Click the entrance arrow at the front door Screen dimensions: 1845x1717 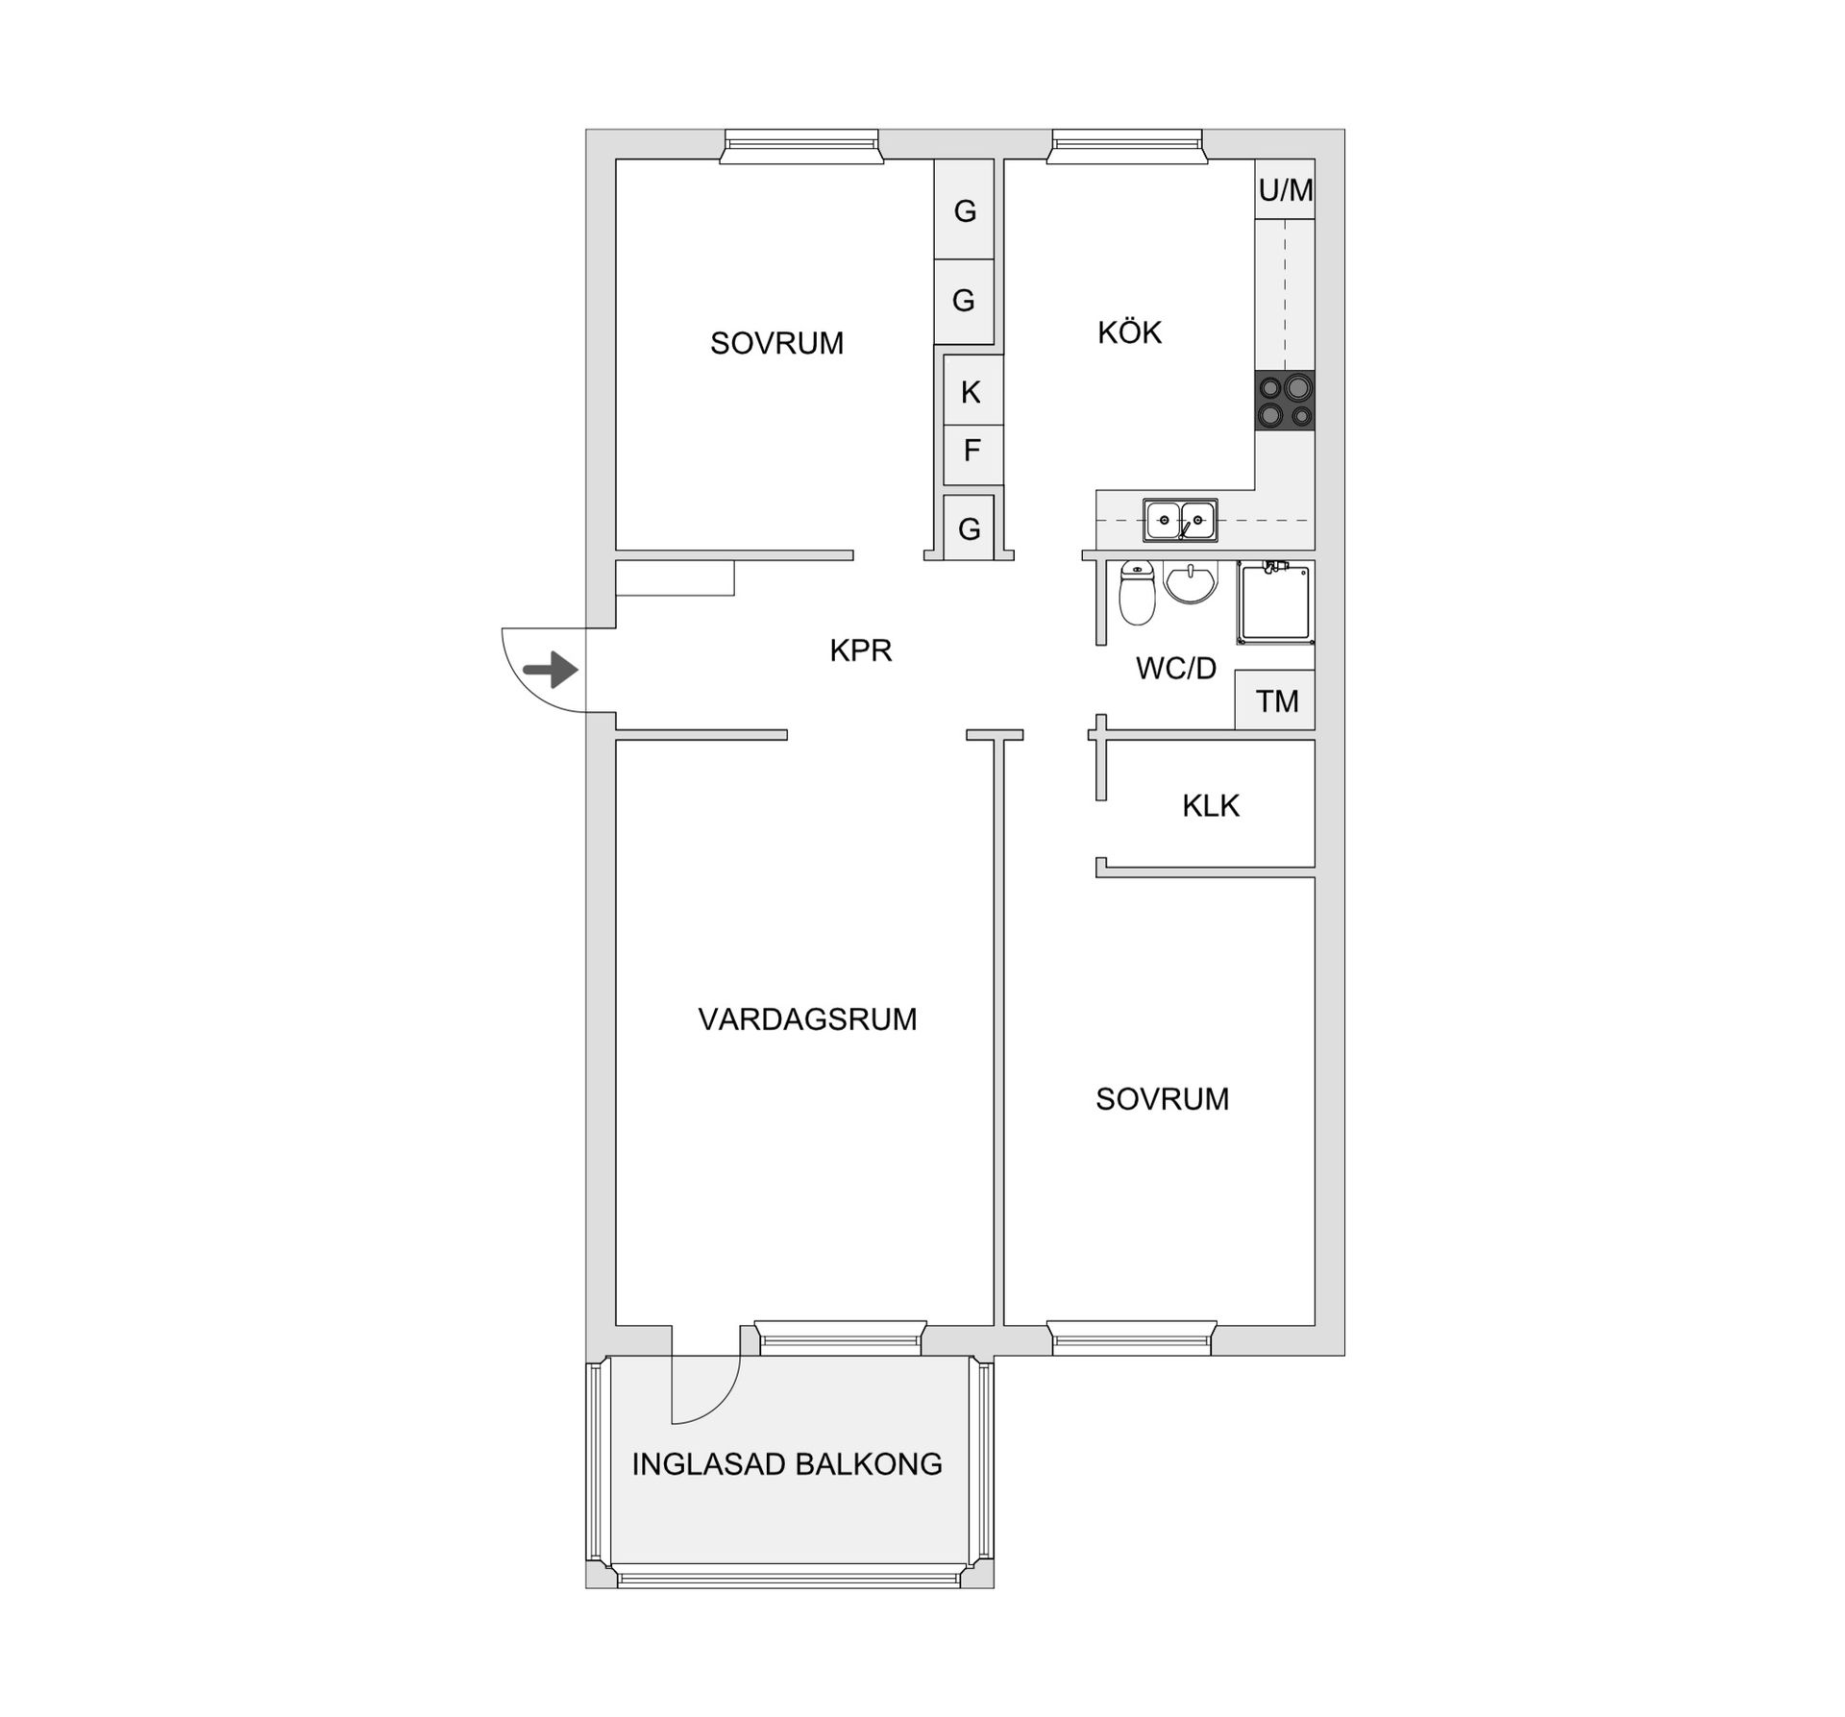551,670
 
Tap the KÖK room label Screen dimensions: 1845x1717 1129,332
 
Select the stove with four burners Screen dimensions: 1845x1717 1285,401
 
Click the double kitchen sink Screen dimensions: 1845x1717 1180,520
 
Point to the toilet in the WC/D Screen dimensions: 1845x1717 1138,593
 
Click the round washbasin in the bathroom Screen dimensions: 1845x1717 1191,582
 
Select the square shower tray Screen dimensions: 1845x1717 1276,602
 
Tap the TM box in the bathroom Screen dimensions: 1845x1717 1275,700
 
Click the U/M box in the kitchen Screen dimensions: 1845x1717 1285,189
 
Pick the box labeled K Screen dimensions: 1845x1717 972,391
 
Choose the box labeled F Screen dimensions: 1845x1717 972,451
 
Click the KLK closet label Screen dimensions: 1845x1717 1211,805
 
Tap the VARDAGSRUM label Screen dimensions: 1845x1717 807,1018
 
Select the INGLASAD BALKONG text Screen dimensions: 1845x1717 787,1463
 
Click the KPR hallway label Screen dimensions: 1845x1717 861,650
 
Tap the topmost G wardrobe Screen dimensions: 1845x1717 964,209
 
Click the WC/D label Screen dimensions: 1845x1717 1176,669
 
